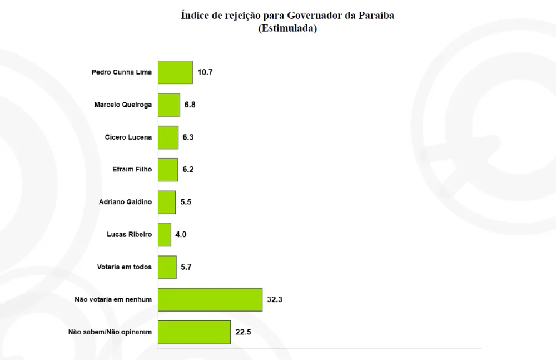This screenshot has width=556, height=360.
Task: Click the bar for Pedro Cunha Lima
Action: [175, 72]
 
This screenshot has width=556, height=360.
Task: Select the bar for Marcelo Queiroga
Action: [169, 105]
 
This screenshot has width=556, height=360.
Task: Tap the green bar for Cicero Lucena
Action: [168, 137]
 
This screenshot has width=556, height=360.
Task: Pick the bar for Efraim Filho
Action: [168, 170]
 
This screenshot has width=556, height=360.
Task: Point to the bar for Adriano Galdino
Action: [167, 202]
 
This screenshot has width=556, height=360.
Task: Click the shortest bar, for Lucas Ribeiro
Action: [165, 235]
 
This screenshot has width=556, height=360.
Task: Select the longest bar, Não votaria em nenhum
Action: [210, 299]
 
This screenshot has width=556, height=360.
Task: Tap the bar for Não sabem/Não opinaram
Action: [194, 332]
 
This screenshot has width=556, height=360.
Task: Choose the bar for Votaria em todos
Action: [167, 267]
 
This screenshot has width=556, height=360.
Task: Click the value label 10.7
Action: [205, 72]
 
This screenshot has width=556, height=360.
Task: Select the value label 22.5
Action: [243, 332]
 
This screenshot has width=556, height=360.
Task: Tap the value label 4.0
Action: [181, 235]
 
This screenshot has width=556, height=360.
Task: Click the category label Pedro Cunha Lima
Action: [121, 72]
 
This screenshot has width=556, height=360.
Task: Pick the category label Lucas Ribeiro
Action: [129, 235]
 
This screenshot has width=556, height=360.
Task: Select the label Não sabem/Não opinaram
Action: [110, 332]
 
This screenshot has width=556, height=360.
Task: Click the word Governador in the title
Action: [315, 16]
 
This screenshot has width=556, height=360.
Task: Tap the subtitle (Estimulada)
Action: [287, 29]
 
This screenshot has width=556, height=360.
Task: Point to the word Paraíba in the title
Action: [376, 16]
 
